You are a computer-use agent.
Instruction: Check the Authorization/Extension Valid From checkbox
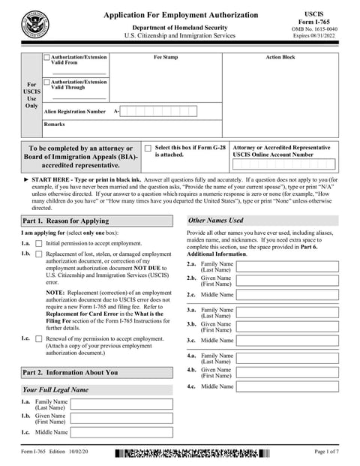(x=47, y=57)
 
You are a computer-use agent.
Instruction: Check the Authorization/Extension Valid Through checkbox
(x=47, y=82)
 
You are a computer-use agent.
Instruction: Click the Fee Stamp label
(x=165, y=57)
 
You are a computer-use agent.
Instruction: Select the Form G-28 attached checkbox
(x=148, y=149)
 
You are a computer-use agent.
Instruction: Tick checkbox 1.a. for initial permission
(x=39, y=244)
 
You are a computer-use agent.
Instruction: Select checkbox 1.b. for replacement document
(x=39, y=255)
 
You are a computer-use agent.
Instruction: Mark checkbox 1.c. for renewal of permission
(x=39, y=339)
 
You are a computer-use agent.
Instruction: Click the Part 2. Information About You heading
(x=70, y=372)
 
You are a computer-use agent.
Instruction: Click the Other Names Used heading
(x=215, y=221)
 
